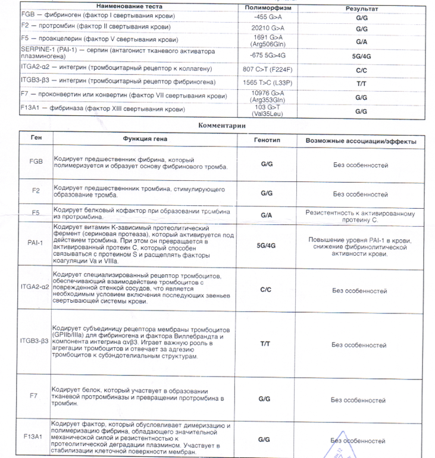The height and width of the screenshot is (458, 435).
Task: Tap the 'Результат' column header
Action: (x=361, y=10)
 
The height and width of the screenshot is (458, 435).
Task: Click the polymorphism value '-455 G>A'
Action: (x=268, y=18)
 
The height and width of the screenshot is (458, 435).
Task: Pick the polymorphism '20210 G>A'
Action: (x=268, y=28)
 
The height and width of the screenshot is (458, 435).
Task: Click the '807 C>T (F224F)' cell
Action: (x=268, y=70)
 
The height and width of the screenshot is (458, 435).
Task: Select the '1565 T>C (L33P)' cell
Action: (x=268, y=83)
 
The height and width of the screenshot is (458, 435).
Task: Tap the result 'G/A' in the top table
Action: (x=361, y=42)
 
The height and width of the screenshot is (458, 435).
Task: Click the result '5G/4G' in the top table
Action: (x=361, y=57)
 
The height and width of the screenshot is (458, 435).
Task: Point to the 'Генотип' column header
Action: (x=266, y=140)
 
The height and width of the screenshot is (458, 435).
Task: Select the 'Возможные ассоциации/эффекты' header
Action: (x=360, y=142)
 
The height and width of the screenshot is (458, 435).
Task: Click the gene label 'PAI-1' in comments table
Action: (x=35, y=243)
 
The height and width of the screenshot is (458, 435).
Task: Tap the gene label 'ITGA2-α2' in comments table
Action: (x=35, y=286)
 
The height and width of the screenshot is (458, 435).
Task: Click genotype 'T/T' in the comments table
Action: (x=265, y=344)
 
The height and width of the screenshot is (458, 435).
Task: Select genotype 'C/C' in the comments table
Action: (x=266, y=289)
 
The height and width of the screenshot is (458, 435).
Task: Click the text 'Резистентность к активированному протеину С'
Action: (x=360, y=217)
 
